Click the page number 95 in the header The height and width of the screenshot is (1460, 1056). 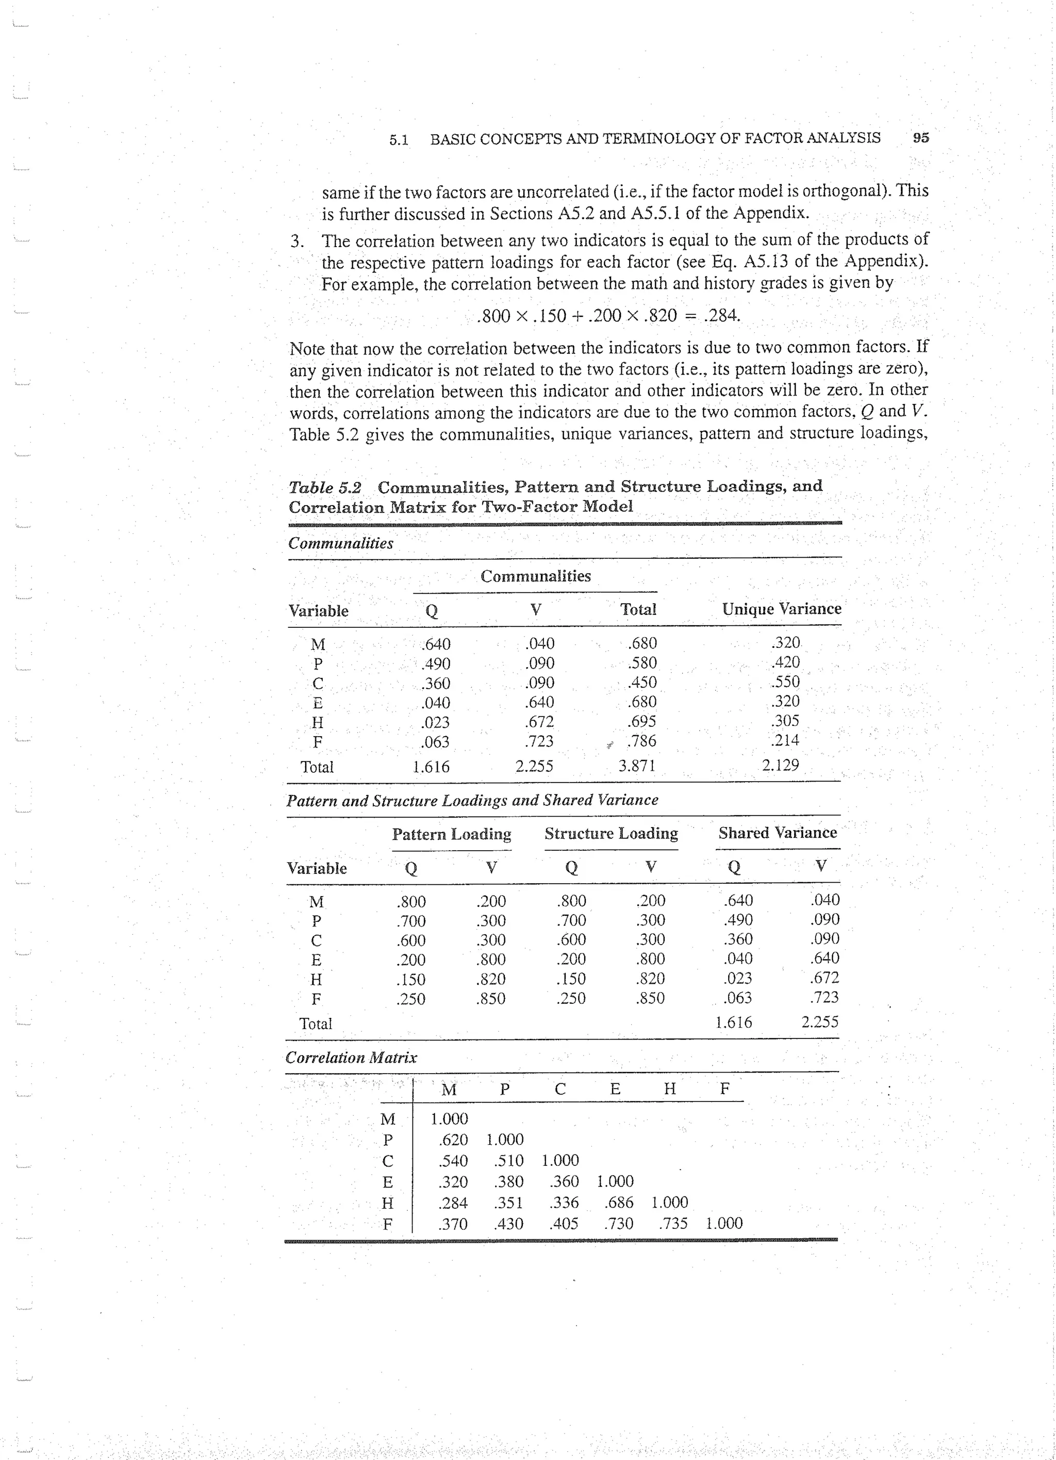(921, 138)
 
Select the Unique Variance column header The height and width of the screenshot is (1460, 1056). (781, 609)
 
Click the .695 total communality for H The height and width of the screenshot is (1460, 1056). (641, 722)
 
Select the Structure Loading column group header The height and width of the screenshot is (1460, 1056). (610, 834)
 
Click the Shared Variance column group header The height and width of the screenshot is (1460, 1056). (778, 833)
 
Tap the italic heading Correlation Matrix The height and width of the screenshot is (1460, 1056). (351, 1058)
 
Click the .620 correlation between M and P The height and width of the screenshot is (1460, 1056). (453, 1140)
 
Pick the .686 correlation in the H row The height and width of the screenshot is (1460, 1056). (618, 1203)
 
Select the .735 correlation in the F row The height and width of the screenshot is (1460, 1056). (673, 1224)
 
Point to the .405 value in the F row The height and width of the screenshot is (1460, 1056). (564, 1224)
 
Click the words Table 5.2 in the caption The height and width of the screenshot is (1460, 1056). (324, 488)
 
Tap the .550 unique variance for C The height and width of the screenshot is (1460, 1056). (785, 682)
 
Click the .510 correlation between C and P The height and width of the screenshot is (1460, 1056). (508, 1161)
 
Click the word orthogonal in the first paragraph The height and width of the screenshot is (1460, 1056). (850, 191)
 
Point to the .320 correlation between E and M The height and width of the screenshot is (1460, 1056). (453, 1182)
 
